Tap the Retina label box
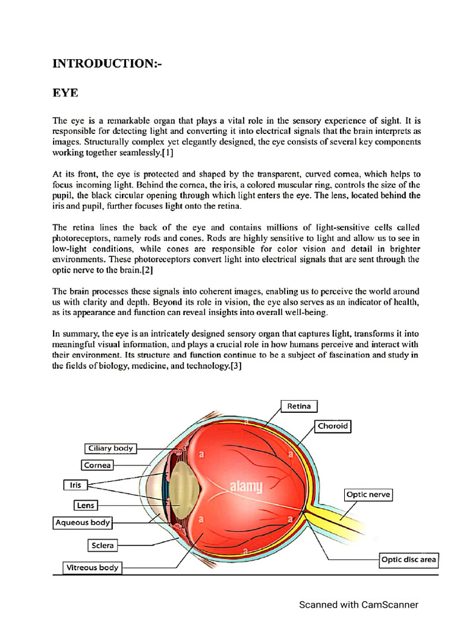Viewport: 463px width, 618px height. (x=299, y=406)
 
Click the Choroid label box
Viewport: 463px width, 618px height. (x=333, y=426)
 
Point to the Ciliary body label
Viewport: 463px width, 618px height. (x=110, y=448)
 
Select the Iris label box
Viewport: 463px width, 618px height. (x=75, y=484)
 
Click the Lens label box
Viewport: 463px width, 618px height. (x=84, y=505)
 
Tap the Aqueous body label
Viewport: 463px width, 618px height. (x=83, y=523)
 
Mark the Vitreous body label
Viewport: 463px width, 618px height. (x=92, y=567)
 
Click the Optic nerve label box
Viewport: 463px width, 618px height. (x=368, y=495)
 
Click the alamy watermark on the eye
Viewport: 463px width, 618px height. (x=243, y=486)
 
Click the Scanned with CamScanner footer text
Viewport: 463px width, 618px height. (x=359, y=604)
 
